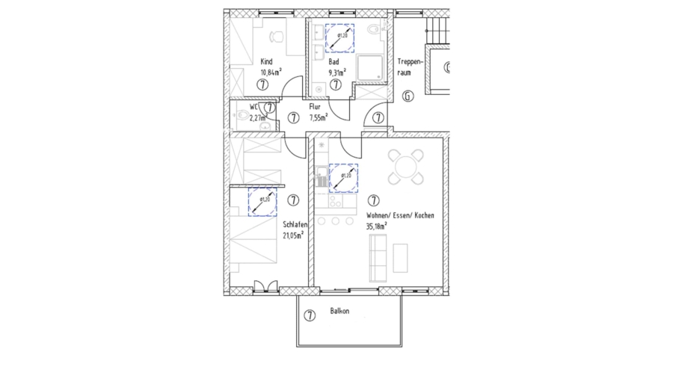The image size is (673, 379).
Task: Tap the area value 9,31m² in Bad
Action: point(337,73)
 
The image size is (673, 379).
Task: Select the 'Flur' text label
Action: point(314,108)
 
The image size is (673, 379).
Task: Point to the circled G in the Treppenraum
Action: point(408,96)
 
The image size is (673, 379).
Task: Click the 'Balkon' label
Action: point(339,311)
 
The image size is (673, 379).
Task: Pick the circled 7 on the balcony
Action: point(309,315)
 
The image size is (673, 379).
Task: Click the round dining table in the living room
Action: point(406,167)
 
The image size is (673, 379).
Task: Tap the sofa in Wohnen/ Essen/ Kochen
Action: point(377,255)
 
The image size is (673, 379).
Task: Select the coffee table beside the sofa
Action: point(402,257)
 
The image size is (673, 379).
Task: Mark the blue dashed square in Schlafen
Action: point(262,203)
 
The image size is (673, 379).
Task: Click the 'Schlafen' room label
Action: point(296,224)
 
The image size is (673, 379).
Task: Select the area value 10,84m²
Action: point(270,73)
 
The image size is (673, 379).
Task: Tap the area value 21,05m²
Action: point(293,235)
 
